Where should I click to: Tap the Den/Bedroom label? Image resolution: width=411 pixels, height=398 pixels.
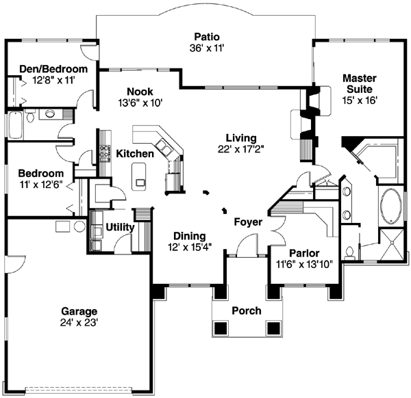coord(43,69)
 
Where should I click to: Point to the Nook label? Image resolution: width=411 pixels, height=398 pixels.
coord(139,92)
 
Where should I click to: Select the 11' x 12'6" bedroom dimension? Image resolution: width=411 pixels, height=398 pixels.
coord(41,185)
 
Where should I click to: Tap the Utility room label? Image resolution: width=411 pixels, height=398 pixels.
coord(119,226)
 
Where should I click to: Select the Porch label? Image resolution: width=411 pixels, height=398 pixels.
coord(246,310)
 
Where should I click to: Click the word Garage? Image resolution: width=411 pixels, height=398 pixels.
coord(77,310)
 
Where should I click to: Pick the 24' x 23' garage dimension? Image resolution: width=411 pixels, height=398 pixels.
coord(77,322)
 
